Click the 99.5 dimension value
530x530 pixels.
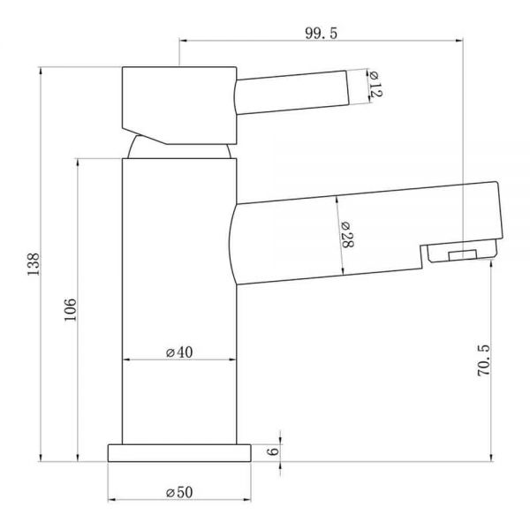[322, 34]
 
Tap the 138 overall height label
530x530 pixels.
[34, 264]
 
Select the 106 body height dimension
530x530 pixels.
[71, 309]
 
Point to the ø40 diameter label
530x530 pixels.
[179, 352]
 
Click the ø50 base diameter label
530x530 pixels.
[179, 492]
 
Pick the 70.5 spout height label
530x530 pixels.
[483, 360]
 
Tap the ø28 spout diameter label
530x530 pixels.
[346, 235]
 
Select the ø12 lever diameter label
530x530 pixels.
[375, 85]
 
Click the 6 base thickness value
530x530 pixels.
[273, 451]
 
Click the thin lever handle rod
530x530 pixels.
[292, 92]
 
